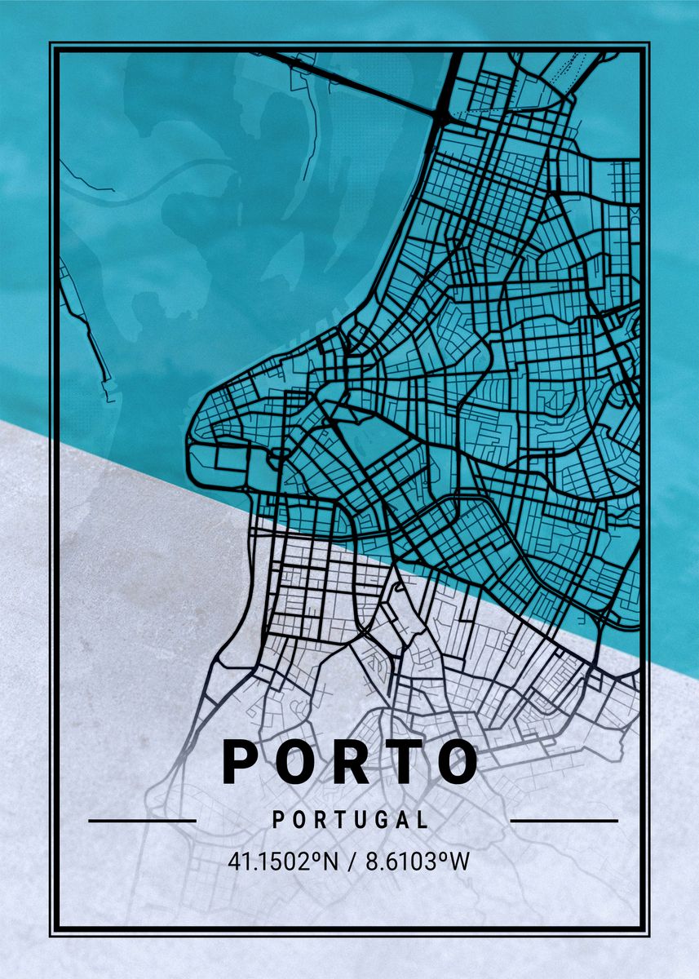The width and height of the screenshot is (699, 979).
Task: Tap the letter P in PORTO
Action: [x=240, y=762]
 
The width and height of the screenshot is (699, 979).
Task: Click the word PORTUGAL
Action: [x=351, y=820]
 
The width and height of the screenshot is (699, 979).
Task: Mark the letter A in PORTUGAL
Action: [x=400, y=820]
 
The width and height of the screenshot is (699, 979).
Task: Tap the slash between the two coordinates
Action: [x=350, y=862]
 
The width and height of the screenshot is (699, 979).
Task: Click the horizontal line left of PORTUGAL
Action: [x=142, y=821]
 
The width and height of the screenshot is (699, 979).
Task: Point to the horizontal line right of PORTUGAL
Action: [x=564, y=821]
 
